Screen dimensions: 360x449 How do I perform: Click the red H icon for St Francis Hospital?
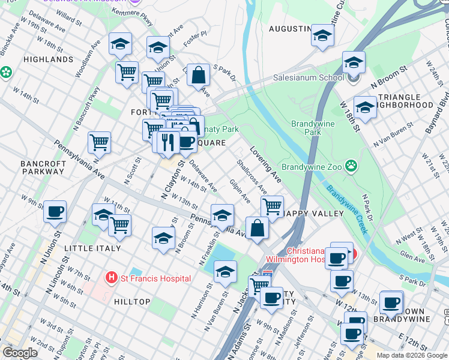[x=111, y=278]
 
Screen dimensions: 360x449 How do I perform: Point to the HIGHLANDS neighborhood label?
[x=48, y=60]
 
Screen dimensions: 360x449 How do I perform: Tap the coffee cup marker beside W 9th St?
[x=55, y=211]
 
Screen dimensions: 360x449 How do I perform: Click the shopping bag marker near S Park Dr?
[x=198, y=76]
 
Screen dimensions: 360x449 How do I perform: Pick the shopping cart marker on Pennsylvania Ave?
[x=99, y=143]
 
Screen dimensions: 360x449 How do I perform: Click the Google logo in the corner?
[x=20, y=353]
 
